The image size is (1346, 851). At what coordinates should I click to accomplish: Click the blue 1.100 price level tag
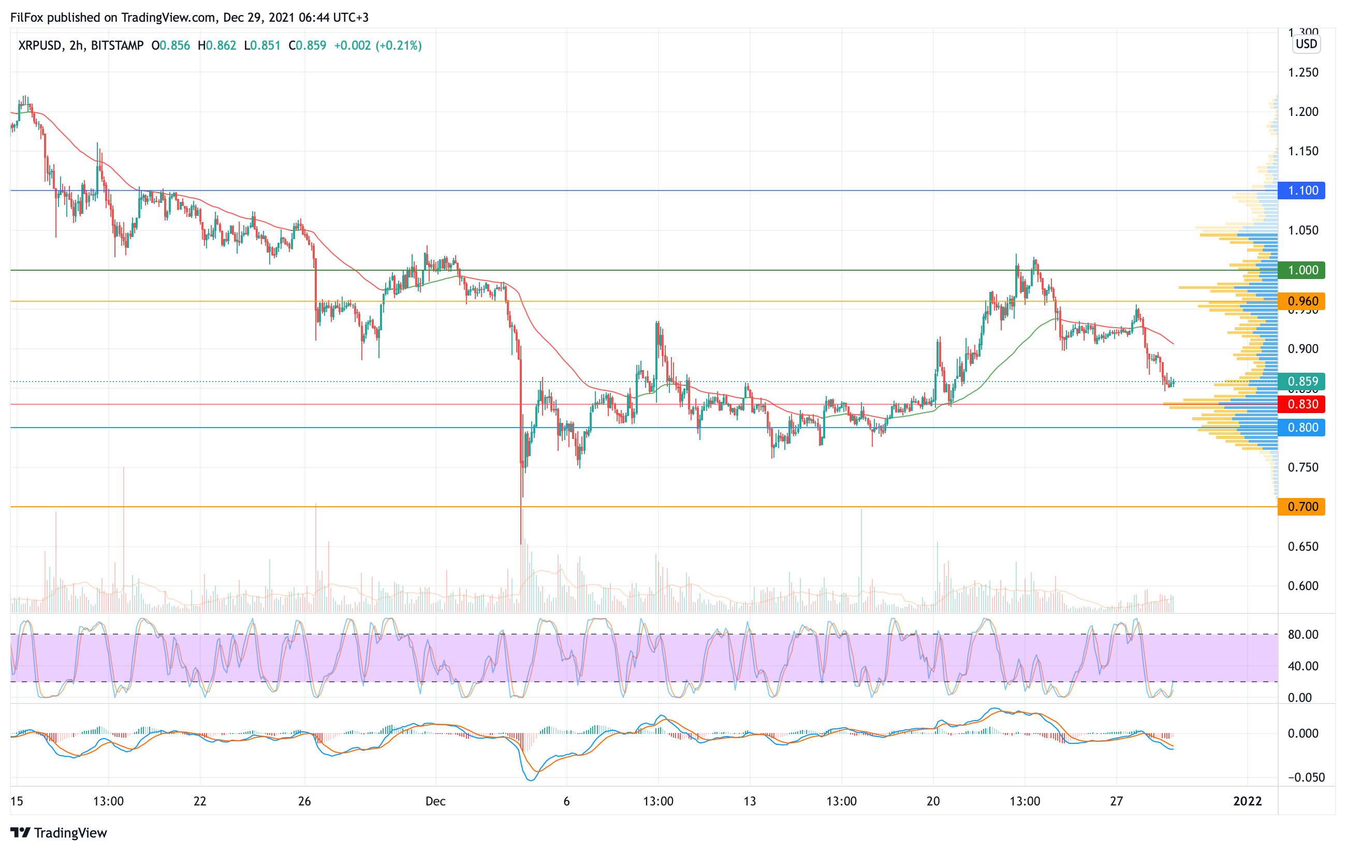coord(1302,190)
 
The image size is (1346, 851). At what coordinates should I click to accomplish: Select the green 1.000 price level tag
coord(1302,270)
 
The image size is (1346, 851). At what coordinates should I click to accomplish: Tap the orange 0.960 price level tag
coord(1302,301)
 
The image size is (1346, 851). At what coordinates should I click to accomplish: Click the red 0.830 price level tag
coord(1302,404)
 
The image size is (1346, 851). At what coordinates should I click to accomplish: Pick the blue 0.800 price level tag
coord(1302,428)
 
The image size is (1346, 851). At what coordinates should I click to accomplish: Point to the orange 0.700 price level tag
coord(1302,507)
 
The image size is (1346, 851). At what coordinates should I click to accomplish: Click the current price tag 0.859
coord(1302,381)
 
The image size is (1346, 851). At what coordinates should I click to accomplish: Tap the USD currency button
coord(1306,44)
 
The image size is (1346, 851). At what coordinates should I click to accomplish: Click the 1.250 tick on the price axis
coord(1303,72)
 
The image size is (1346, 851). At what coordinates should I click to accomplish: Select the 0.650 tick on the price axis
coord(1303,547)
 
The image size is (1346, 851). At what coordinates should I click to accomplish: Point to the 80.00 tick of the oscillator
coord(1303,635)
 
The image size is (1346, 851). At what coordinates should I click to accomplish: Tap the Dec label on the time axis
coord(435,801)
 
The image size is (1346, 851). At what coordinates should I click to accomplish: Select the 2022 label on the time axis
coord(1247,801)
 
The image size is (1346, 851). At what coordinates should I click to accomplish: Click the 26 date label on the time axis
coord(304,801)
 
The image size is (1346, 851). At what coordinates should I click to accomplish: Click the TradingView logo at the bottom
coord(58,832)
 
